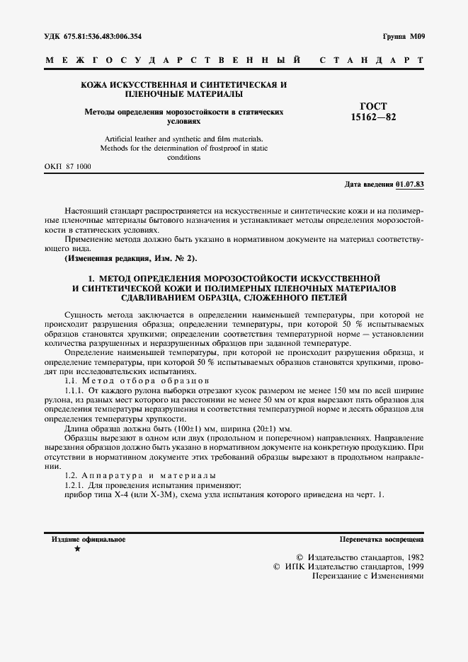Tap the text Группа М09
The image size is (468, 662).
(401, 35)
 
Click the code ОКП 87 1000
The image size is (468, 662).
(68, 166)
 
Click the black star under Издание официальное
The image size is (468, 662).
(77, 550)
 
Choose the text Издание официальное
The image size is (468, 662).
(89, 539)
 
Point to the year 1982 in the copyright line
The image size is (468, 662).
(411, 557)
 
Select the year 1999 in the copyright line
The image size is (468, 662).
(411, 567)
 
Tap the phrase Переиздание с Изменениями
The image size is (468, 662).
(367, 576)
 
